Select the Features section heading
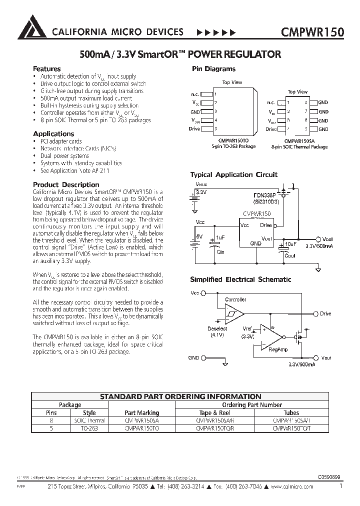click(46, 69)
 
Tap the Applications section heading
click(53, 133)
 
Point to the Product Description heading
click(66, 184)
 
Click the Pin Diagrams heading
click(213, 69)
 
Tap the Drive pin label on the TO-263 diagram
click(194, 128)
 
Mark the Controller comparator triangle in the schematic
click(233, 313)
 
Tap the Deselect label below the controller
click(217, 328)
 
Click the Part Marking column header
click(141, 412)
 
